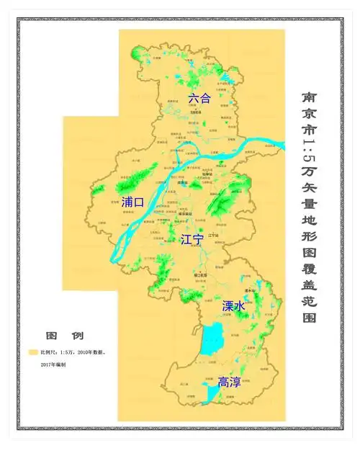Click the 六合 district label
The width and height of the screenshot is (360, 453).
tap(199, 98)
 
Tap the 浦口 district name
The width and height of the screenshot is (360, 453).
tap(133, 202)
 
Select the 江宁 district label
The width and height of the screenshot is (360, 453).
tap(192, 238)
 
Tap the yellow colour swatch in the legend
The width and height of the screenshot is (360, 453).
tap(32, 352)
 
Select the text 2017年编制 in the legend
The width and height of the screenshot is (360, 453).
tap(53, 365)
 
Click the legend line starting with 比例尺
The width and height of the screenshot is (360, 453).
tap(73, 352)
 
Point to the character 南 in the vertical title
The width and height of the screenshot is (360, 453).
tap(308, 96)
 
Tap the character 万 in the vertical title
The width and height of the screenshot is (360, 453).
tap(308, 171)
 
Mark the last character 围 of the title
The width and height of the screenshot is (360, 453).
tap(308, 316)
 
